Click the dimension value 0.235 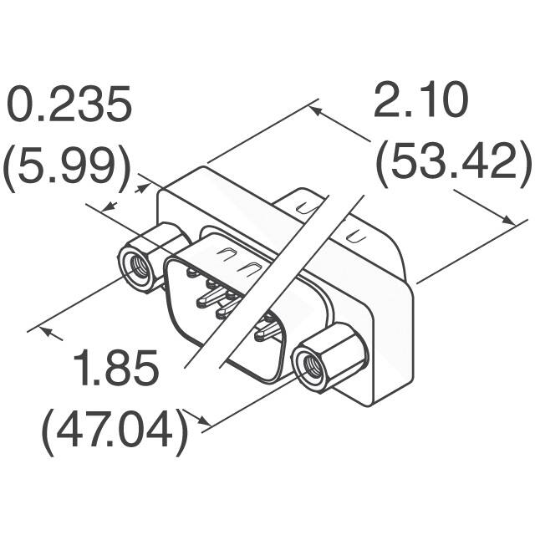(69, 107)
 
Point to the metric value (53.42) (452, 165)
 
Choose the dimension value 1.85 (115, 369)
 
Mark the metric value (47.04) (115, 432)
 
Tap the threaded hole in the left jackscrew (135, 267)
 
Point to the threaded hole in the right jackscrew (312, 368)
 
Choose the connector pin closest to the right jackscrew (267, 334)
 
